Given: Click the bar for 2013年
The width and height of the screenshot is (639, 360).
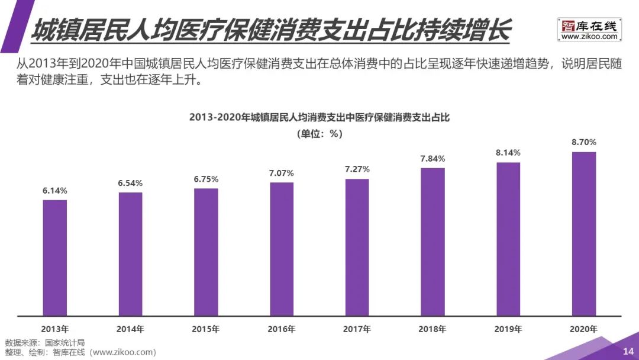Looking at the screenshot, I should (54, 258).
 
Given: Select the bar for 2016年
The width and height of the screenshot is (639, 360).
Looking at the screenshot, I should (282, 249).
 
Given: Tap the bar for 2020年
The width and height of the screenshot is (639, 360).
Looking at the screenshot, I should (584, 234).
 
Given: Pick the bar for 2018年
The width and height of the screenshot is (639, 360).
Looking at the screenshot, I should (433, 242).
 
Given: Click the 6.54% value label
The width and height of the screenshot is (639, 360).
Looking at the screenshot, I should (130, 183).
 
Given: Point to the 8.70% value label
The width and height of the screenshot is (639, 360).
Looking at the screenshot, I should (584, 142).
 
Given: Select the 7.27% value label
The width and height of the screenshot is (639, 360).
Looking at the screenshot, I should (357, 169).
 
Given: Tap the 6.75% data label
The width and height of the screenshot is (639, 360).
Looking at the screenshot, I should (206, 179).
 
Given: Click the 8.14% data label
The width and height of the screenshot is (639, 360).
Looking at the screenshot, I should (508, 153).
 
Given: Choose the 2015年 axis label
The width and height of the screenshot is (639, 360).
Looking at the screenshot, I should (206, 329).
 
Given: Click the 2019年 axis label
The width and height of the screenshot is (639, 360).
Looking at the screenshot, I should (508, 329).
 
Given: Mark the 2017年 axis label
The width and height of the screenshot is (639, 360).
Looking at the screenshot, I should (357, 329).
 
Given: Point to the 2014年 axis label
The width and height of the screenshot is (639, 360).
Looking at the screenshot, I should (130, 329).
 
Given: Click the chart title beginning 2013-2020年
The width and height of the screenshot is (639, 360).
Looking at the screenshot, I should (319, 117).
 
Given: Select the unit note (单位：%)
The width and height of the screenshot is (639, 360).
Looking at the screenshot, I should (319, 134).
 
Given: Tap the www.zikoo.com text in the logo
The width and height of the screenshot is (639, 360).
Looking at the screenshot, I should (589, 37).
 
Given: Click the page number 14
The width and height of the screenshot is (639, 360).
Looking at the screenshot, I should (628, 352).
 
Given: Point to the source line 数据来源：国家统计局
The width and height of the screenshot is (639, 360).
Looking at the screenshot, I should (45, 343).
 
